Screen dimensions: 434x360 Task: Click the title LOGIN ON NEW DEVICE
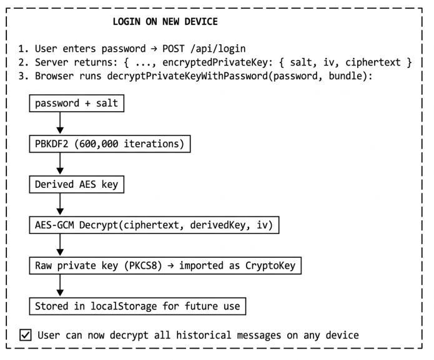[x=165, y=22]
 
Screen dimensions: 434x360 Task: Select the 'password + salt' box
[x=77, y=104]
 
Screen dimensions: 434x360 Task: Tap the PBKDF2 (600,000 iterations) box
[x=110, y=144]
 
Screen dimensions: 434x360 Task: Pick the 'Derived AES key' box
[x=77, y=185]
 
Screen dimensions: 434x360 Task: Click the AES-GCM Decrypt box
[x=154, y=225]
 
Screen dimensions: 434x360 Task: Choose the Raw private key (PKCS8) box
[x=165, y=265]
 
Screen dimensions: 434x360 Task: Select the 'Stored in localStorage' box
[x=137, y=306]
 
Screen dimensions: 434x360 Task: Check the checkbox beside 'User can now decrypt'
[x=26, y=335]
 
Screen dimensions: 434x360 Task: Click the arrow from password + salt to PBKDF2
[x=60, y=124]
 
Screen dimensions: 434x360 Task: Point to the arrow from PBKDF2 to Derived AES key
[x=60, y=164]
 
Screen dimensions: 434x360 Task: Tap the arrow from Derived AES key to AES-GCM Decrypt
[x=60, y=205]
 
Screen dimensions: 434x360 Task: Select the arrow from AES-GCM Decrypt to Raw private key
[x=60, y=245]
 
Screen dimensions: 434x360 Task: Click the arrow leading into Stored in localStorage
[x=60, y=286]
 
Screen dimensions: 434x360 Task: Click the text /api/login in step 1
[x=218, y=49]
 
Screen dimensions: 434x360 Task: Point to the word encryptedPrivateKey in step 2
[x=215, y=62]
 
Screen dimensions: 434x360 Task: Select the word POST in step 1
[x=173, y=49]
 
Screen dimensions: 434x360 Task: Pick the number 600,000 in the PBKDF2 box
[x=99, y=144]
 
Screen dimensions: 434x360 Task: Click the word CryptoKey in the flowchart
[x=270, y=266]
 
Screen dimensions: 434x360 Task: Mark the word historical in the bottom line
[x=204, y=335]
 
